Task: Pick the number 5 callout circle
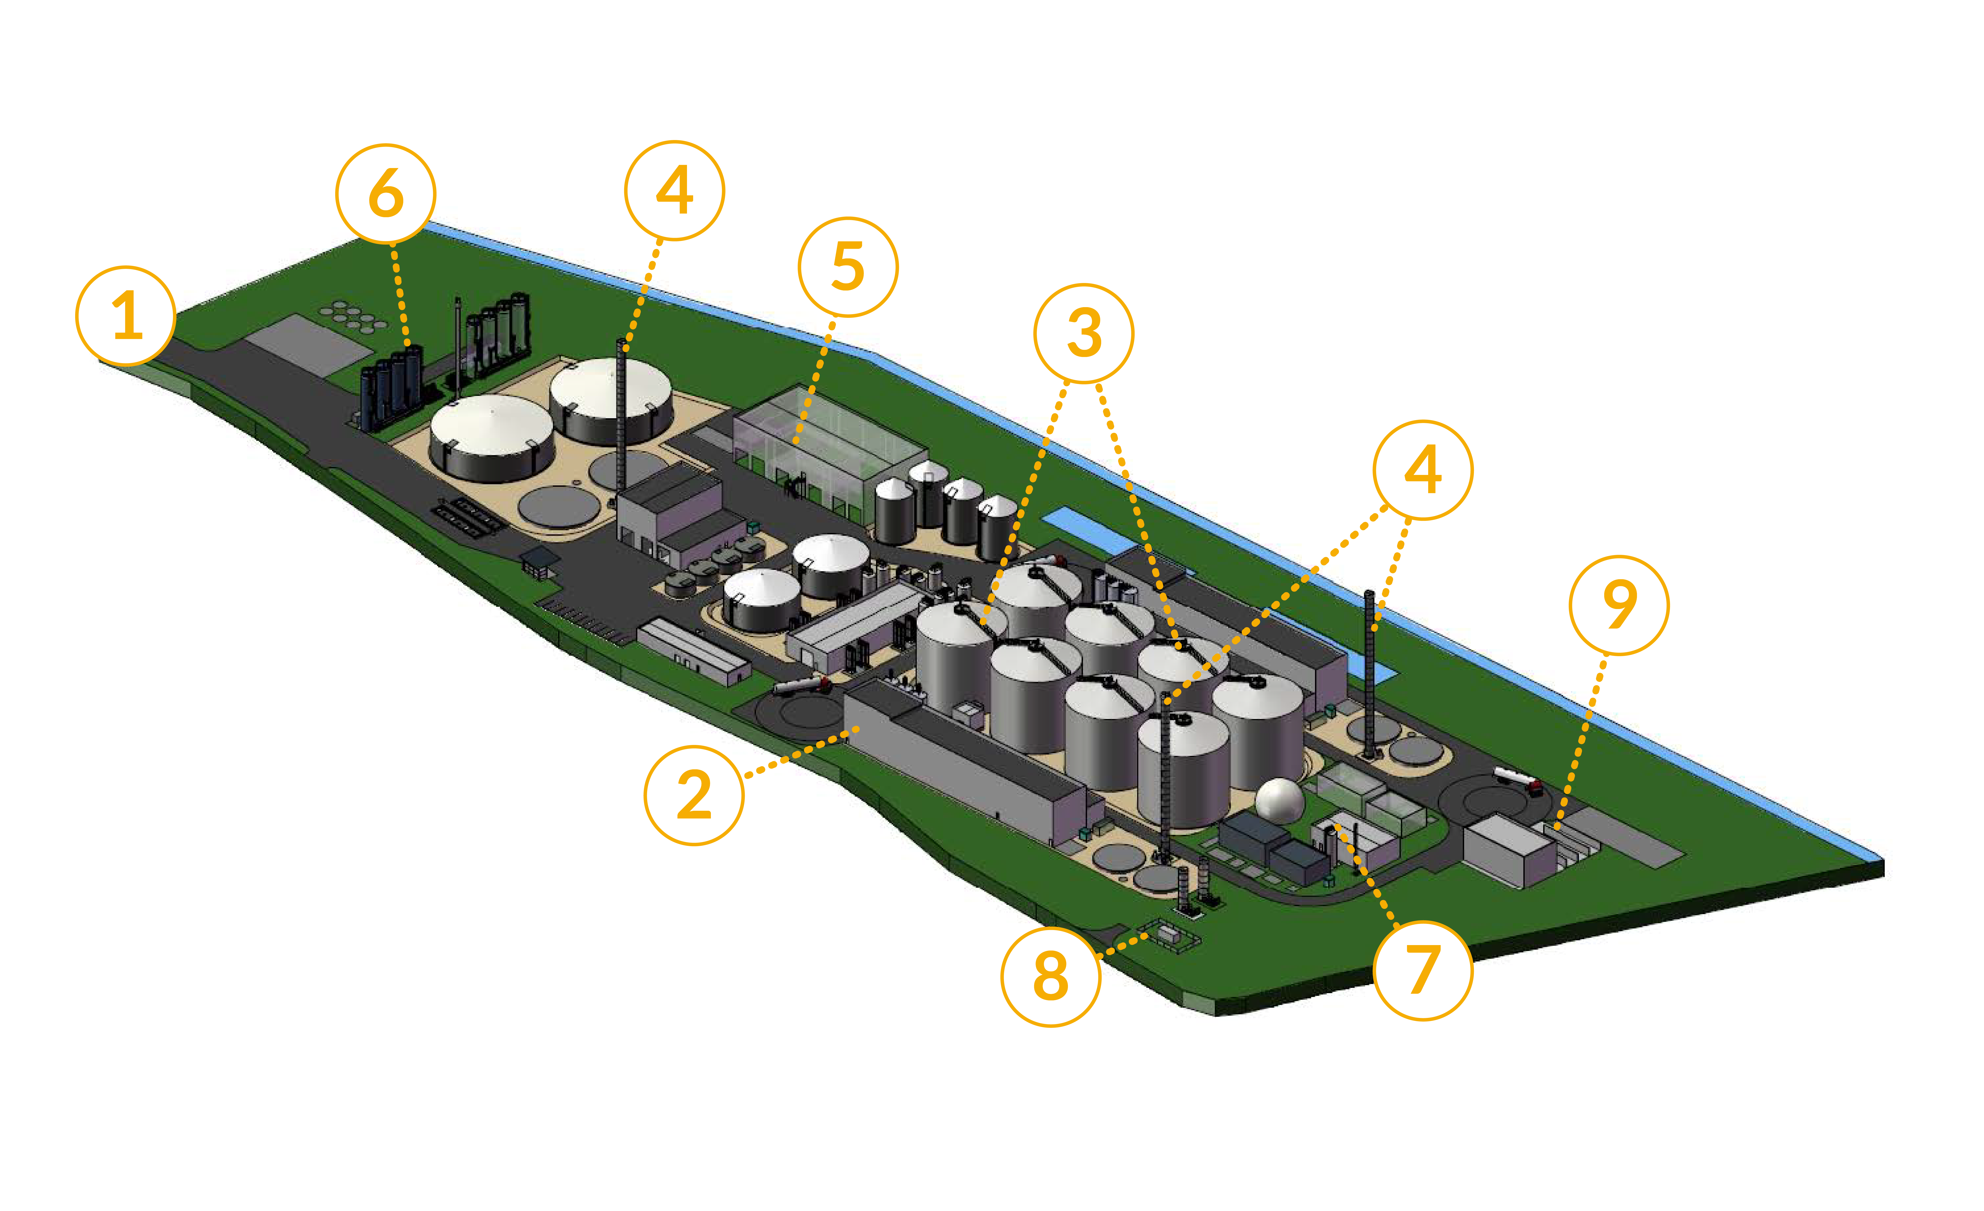848,267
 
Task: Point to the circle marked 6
386,194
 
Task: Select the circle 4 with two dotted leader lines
1423,470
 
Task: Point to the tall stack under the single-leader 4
621,419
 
